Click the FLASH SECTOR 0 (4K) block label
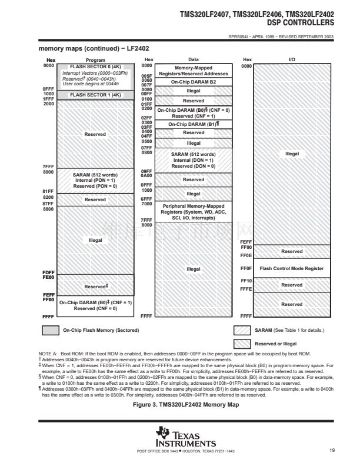point(95,66)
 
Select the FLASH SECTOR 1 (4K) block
point(95,94)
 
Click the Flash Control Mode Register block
point(291,268)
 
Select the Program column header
point(95,60)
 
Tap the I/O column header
point(292,60)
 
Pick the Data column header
point(193,60)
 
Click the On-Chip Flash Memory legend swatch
point(51,330)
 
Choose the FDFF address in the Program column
point(48,272)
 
